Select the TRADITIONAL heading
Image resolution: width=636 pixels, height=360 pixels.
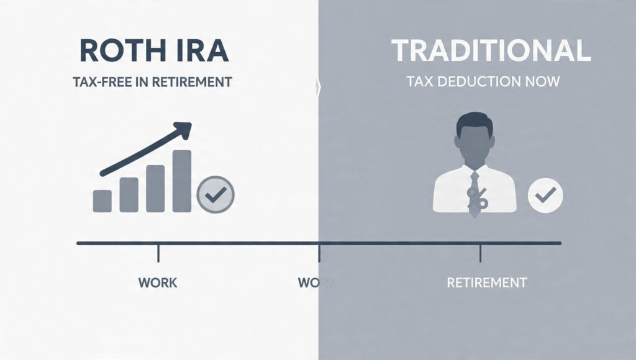pyautogui.click(x=491, y=52)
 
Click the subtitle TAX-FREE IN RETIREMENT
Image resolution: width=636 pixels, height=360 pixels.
pyautogui.click(x=152, y=81)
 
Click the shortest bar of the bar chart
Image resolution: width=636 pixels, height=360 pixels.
pyautogui.click(x=102, y=200)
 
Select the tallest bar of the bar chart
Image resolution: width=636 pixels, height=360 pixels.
pyautogui.click(x=181, y=181)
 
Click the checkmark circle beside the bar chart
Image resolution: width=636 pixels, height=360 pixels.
pyautogui.click(x=215, y=195)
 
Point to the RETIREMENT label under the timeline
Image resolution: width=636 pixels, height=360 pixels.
pyautogui.click(x=486, y=282)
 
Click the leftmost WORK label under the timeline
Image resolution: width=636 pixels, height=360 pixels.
pyautogui.click(x=158, y=282)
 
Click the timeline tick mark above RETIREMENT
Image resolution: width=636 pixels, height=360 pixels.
pyautogui.click(x=480, y=252)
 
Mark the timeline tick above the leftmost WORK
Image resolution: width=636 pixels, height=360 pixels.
pyautogui.click(x=158, y=252)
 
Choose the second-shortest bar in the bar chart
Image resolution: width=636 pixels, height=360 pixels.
pyautogui.click(x=129, y=195)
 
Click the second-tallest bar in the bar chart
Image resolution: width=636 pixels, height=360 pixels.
pyautogui.click(x=155, y=189)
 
